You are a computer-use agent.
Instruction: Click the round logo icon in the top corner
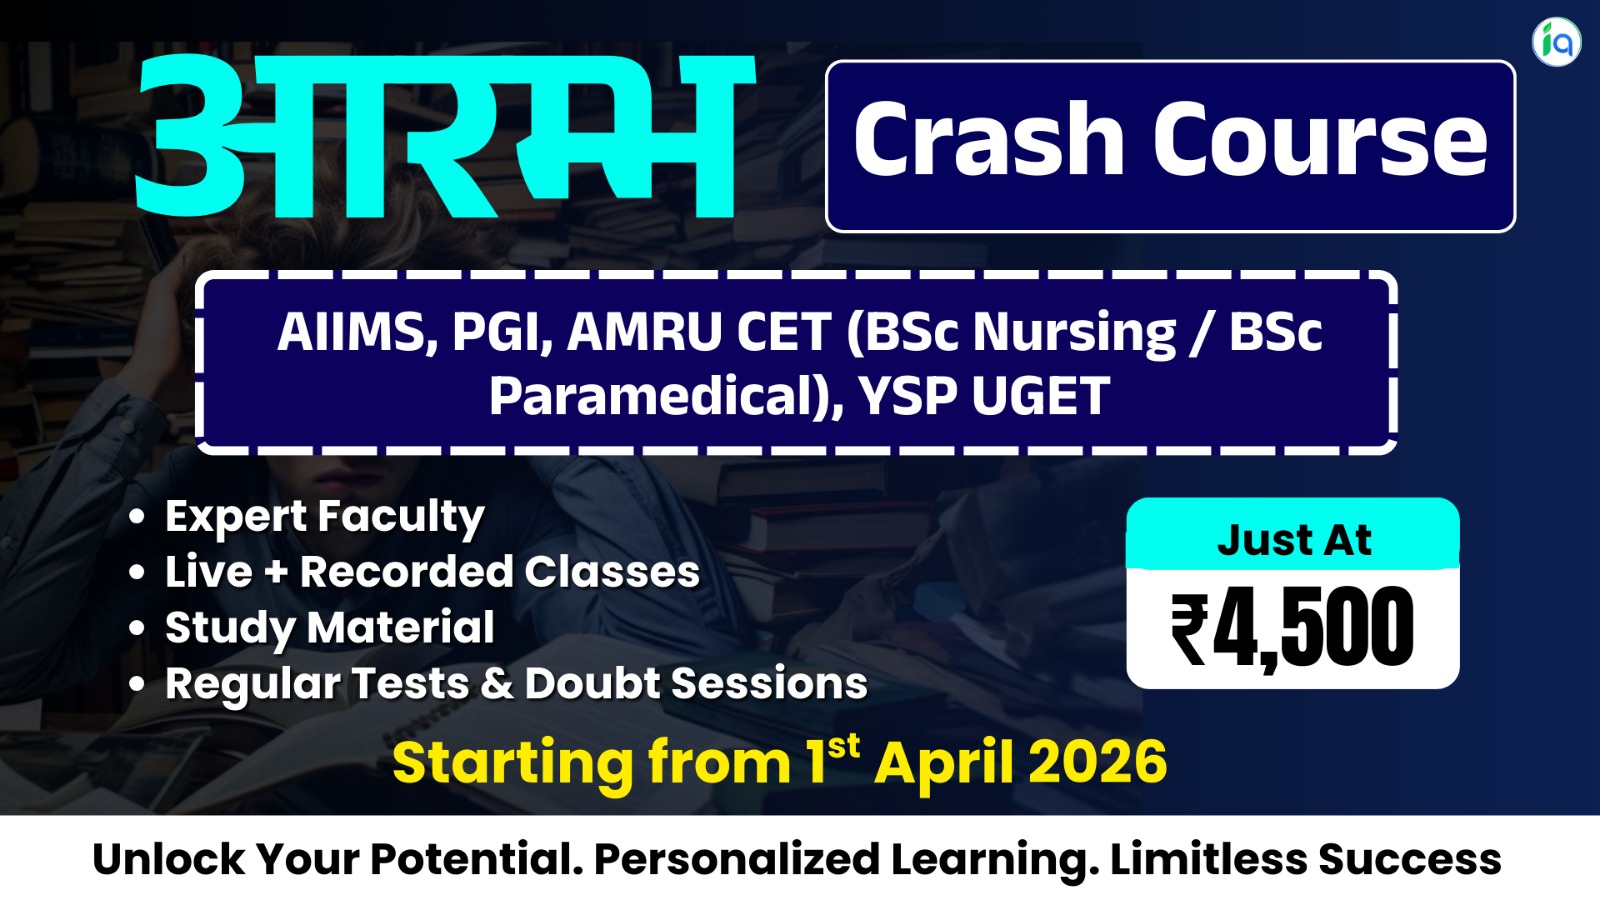pos(1556,41)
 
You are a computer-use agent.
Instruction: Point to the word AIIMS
pos(353,332)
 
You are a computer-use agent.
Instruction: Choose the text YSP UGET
pos(984,396)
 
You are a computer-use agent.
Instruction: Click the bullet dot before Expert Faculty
pos(137,517)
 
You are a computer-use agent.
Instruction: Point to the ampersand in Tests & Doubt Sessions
pos(497,684)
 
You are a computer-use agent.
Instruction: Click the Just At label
pos(1293,540)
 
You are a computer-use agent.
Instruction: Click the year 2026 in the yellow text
pos(1097,763)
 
